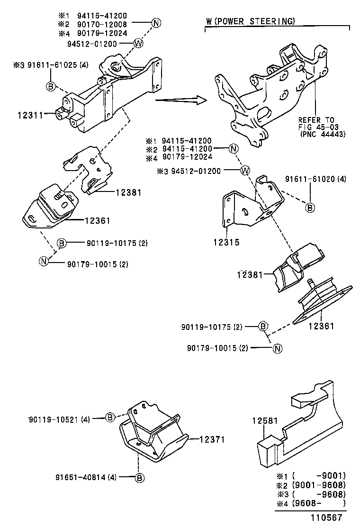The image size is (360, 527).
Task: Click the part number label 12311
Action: [30, 115]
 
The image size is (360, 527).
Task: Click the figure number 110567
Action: [327, 518]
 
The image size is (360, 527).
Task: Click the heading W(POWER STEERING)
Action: [251, 21]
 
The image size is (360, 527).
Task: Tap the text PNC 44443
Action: [322, 134]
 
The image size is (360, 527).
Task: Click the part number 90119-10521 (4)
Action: [59, 419]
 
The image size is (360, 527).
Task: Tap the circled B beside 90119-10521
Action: [109, 417]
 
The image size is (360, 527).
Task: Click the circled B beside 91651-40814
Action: [139, 478]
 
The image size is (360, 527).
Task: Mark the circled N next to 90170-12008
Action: [156, 22]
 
